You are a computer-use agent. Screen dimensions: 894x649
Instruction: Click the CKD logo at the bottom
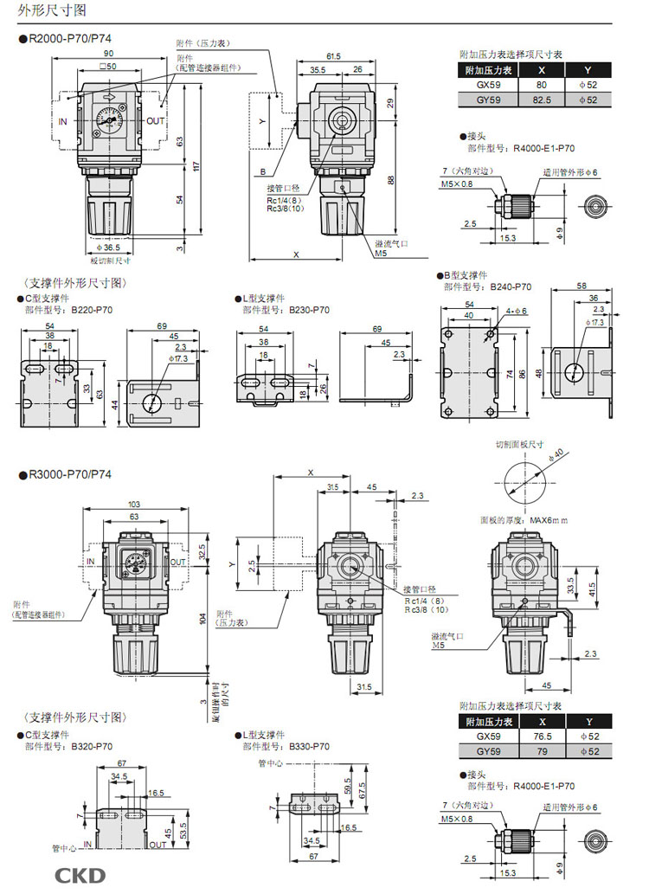[x=80, y=875]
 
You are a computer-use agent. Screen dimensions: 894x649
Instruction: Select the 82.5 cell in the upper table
[x=541, y=100]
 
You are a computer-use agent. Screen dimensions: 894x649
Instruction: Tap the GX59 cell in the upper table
[x=489, y=86]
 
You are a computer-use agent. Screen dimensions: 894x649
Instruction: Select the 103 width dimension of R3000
[x=134, y=504]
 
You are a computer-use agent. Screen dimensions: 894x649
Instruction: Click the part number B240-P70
[x=511, y=286]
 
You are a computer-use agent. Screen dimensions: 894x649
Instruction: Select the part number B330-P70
[x=308, y=745]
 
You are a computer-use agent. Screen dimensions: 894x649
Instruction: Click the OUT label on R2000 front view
[x=155, y=122]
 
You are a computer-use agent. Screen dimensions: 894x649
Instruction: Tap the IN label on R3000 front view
[x=91, y=562]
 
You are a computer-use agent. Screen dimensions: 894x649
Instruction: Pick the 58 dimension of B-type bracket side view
[x=581, y=286]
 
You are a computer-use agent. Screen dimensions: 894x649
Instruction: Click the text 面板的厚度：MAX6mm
[x=524, y=520]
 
